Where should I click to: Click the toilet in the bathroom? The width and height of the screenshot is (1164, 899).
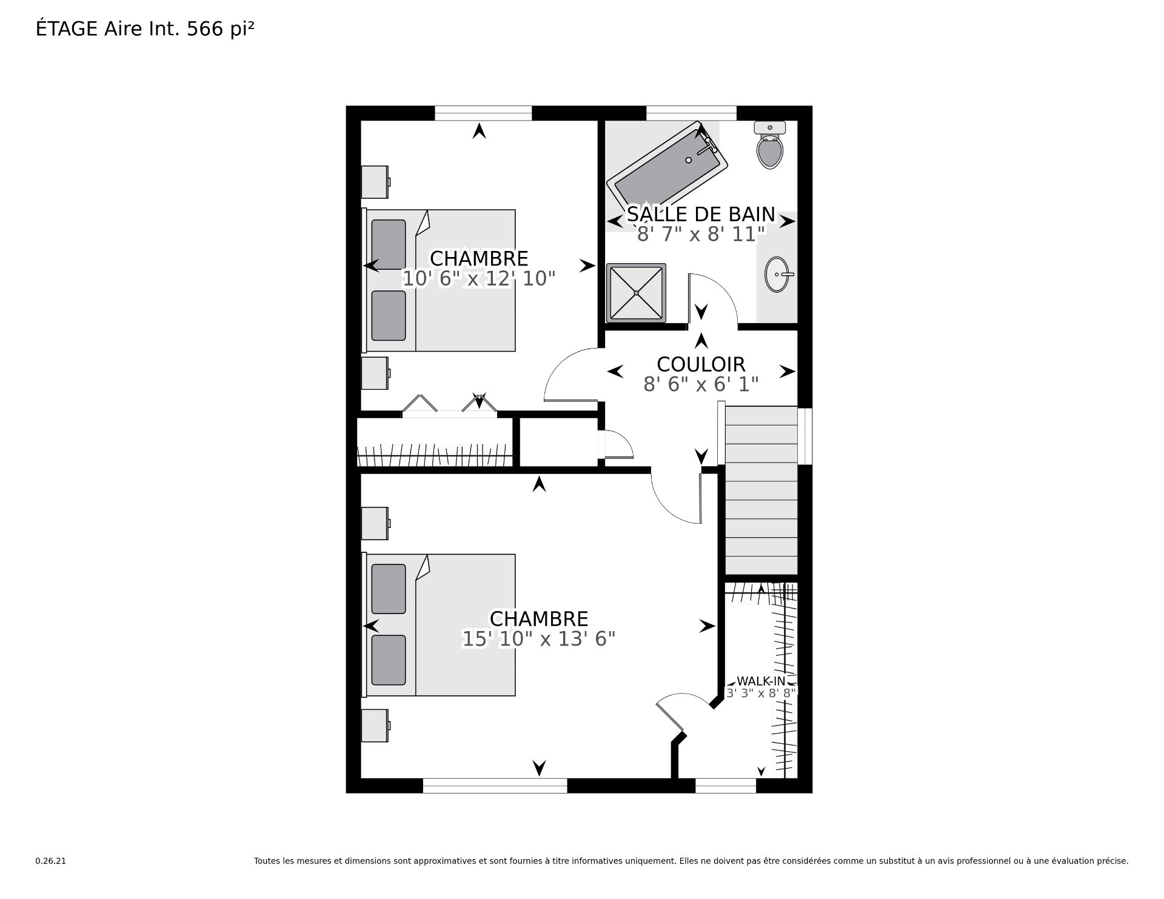pos(769,145)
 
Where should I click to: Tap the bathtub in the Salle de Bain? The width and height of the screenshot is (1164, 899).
pos(667,165)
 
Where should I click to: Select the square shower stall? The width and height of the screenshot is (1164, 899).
pos(636,293)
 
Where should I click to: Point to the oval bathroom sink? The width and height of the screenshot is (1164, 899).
pos(778,275)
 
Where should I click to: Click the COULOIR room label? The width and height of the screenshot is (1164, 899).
pos(701,364)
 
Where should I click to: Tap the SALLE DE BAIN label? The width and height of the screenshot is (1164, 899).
pos(701,214)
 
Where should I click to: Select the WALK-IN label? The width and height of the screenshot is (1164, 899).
pos(761,681)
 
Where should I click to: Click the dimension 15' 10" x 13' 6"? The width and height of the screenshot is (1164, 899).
pos(538,639)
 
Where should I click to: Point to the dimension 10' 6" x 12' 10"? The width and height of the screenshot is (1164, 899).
pos(479,279)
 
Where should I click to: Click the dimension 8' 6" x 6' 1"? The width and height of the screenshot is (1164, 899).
pos(701,384)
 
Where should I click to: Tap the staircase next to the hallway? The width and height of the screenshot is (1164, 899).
pos(761,490)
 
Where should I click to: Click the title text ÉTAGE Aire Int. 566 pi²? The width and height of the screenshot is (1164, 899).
pos(145,29)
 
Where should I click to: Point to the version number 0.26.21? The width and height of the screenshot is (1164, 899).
pos(50,861)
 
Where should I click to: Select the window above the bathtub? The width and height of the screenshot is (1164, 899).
pos(691,113)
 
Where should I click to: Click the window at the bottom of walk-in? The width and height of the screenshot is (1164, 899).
pos(726,786)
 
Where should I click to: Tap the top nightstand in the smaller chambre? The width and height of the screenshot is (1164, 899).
pos(375,182)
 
